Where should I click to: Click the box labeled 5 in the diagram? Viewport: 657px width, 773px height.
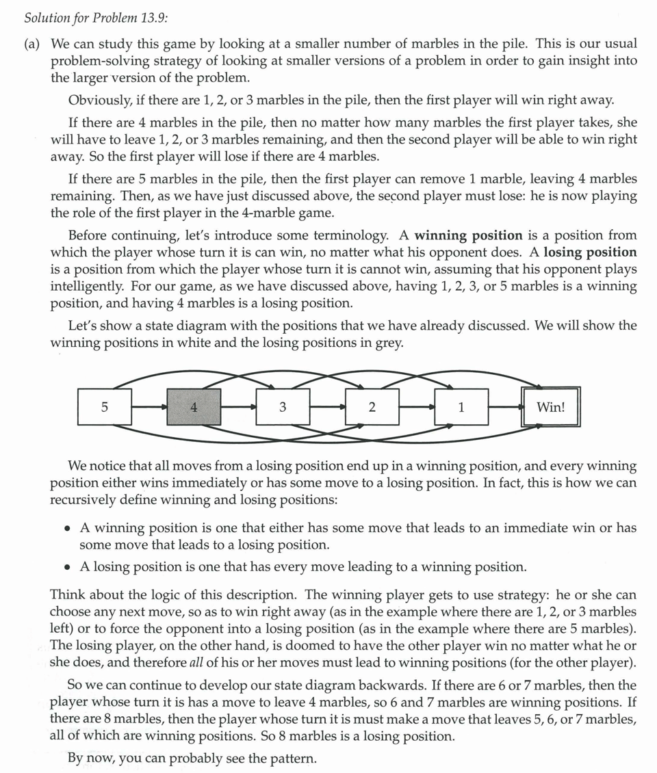pyautogui.click(x=105, y=408)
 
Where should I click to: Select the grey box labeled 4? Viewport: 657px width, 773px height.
pyautogui.click(x=194, y=408)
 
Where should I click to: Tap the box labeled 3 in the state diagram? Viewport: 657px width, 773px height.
pyautogui.click(x=283, y=408)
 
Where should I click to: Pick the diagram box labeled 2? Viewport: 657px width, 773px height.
pyautogui.click(x=372, y=408)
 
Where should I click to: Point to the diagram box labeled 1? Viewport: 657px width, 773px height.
pyautogui.click(x=461, y=408)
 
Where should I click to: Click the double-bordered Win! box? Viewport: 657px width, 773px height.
pyautogui.click(x=551, y=408)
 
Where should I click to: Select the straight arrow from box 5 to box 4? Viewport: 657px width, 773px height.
pyautogui.click(x=149, y=408)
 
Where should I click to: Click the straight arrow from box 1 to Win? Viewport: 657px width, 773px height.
pyautogui.click(x=505, y=408)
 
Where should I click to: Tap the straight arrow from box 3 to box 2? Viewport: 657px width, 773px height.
pyautogui.click(x=327, y=408)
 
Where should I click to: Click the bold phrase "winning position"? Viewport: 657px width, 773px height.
pyautogui.click(x=468, y=235)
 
